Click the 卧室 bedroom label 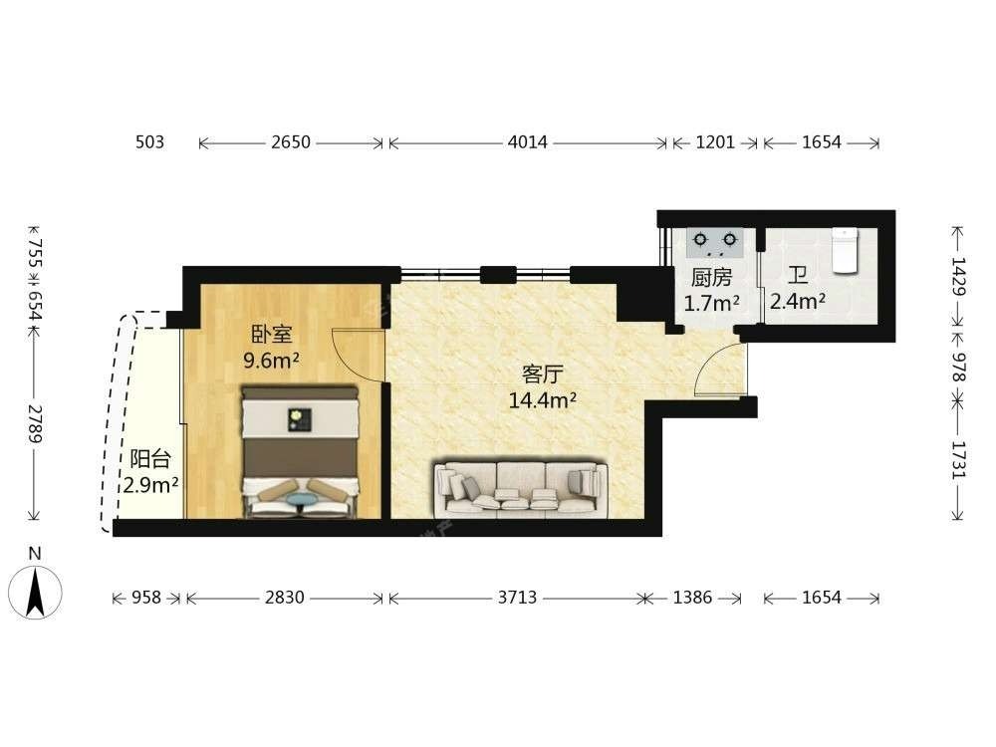click(x=271, y=335)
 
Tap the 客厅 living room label click(x=543, y=374)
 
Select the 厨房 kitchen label click(x=711, y=278)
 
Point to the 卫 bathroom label click(x=798, y=276)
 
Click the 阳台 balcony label click(x=150, y=458)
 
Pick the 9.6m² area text click(x=271, y=361)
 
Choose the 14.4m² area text click(x=543, y=400)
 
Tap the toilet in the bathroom click(x=846, y=251)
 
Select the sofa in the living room click(x=520, y=488)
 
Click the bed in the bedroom click(x=300, y=452)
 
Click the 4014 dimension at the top click(x=527, y=142)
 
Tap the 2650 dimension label click(x=291, y=142)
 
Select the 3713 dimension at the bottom click(x=517, y=598)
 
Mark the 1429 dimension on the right click(x=958, y=276)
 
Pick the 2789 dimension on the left click(x=35, y=423)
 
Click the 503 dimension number click(x=150, y=142)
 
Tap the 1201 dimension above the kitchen click(x=715, y=142)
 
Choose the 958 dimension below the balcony click(x=145, y=598)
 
